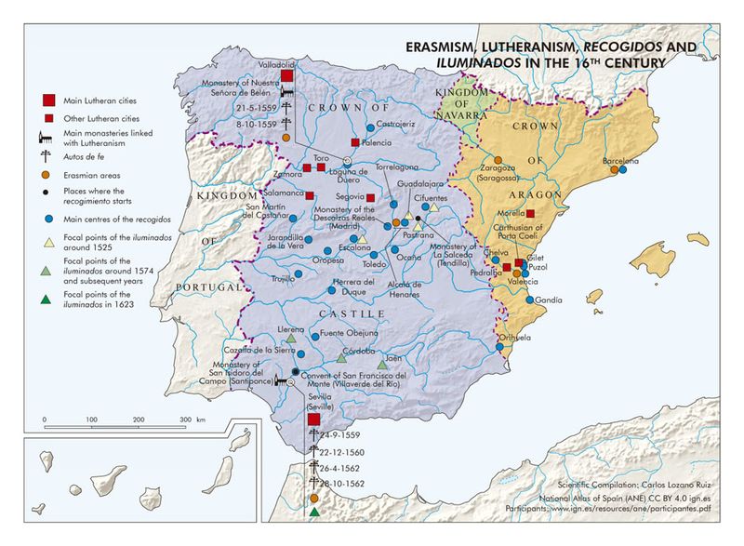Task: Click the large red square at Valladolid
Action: click(286, 76)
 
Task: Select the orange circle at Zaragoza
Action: click(498, 159)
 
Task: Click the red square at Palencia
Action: click(355, 142)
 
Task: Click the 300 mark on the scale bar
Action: click(186, 420)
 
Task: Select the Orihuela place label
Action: click(517, 338)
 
